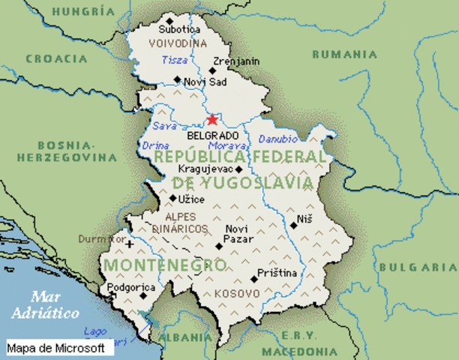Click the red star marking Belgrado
(x=212, y=118)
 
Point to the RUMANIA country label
(x=344, y=54)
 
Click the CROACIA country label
(x=56, y=58)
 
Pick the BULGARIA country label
(x=417, y=267)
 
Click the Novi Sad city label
(x=205, y=80)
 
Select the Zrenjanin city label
(x=236, y=61)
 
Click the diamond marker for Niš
(x=293, y=224)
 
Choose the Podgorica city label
(x=130, y=288)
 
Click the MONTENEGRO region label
(x=165, y=265)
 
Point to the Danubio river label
(x=277, y=139)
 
